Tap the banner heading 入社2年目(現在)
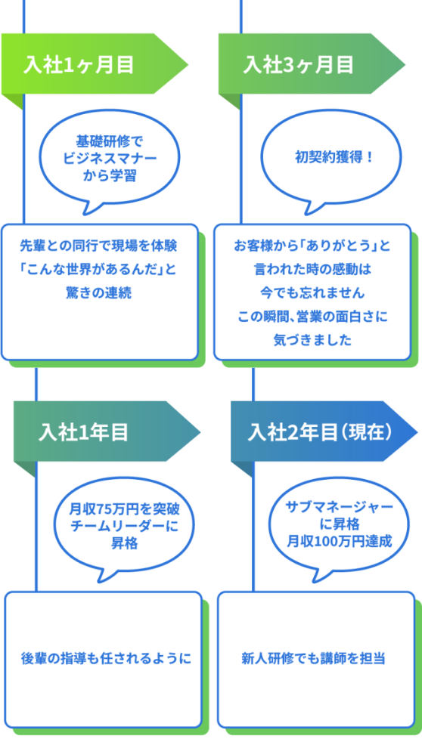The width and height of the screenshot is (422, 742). (x=320, y=432)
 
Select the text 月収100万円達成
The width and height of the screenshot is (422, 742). (x=339, y=541)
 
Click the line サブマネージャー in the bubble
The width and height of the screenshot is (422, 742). (x=339, y=508)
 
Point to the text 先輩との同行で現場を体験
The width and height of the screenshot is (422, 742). (x=99, y=245)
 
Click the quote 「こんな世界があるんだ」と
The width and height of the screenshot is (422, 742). (x=99, y=269)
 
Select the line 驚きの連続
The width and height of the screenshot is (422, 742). (x=99, y=292)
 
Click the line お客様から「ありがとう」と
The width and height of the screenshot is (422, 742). (x=312, y=245)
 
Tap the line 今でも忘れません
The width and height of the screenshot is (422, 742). (x=312, y=292)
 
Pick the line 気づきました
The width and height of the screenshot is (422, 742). (x=312, y=339)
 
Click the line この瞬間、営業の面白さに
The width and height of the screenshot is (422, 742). (x=312, y=316)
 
